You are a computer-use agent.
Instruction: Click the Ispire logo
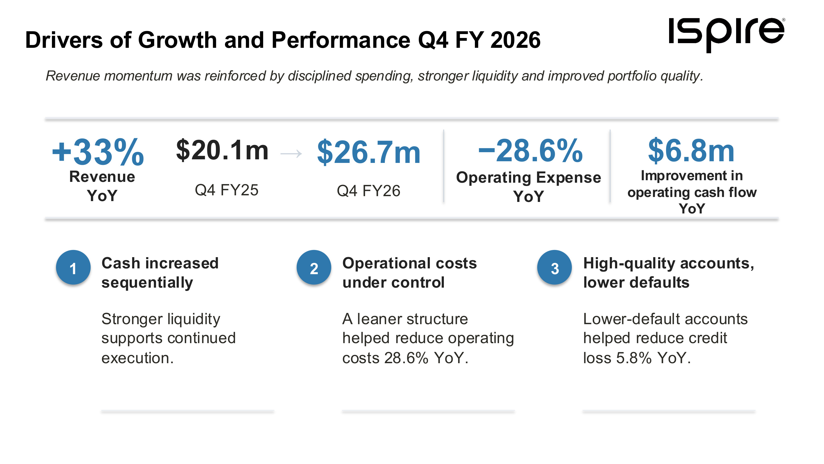[x=726, y=35]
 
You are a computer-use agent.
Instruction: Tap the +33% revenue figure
[x=98, y=152]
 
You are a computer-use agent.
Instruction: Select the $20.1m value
[x=222, y=150]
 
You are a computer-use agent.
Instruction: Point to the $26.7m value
[x=369, y=152]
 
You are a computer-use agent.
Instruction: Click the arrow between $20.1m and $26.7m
[x=291, y=154]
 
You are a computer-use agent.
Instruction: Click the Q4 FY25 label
[x=227, y=190]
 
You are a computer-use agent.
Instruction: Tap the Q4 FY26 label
[x=369, y=191]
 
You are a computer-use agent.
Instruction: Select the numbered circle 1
[x=73, y=268]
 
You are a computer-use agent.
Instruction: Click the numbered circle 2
[x=314, y=268]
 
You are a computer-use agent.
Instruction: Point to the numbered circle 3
[x=555, y=268]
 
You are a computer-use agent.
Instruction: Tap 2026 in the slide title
[x=515, y=40]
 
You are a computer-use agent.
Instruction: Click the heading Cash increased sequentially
[x=160, y=273]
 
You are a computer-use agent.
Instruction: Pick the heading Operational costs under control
[x=410, y=273]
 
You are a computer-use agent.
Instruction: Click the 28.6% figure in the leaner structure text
[x=406, y=358]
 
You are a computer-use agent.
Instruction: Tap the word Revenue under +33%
[x=102, y=177]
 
